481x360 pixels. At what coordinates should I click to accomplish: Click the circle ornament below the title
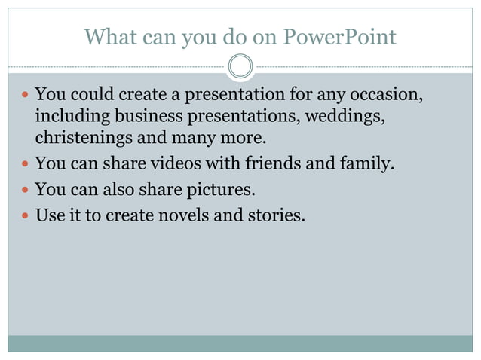(x=240, y=67)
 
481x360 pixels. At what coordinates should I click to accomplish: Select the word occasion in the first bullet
(x=385, y=96)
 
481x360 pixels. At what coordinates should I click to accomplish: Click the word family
(x=367, y=163)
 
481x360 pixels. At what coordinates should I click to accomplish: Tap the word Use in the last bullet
(x=49, y=215)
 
